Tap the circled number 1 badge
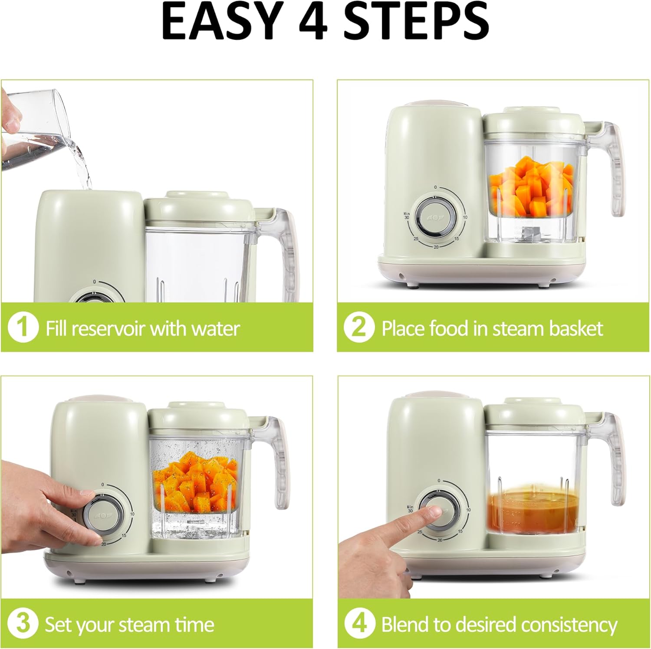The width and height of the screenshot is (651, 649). point(23,328)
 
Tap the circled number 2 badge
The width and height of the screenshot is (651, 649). point(358,327)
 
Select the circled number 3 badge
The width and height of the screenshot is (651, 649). point(22,624)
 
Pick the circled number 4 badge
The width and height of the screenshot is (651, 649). point(359,624)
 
